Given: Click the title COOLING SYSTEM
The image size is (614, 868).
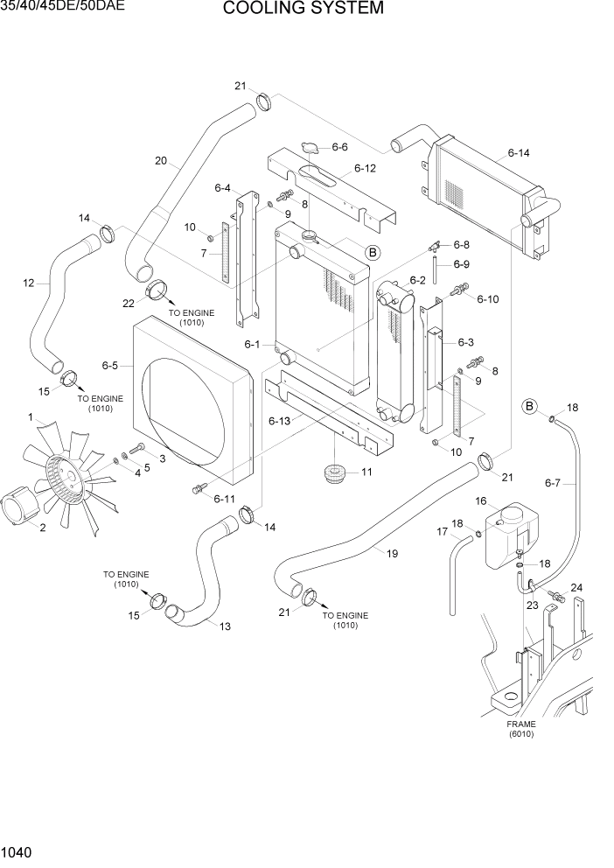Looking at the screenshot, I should coord(303,9).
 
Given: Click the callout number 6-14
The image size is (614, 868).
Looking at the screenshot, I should coord(519,153).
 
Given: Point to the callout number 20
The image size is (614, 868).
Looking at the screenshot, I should coord(160,161).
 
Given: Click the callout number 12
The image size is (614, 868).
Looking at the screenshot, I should coord(28,283).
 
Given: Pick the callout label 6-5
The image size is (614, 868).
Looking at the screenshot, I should coord(110,365).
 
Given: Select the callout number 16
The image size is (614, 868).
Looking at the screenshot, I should coord(480,500).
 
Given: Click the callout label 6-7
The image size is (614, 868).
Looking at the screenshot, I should coord(552,482).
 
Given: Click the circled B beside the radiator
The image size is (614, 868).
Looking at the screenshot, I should coord(373,253).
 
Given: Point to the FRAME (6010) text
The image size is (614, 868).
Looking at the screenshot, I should coord(521,729).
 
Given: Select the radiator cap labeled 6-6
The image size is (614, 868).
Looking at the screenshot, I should coord(308,147).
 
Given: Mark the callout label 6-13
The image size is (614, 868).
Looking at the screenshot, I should coord(279,421).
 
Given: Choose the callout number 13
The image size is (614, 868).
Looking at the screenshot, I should coord(225,626).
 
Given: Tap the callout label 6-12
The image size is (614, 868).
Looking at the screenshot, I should coord(365,168).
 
